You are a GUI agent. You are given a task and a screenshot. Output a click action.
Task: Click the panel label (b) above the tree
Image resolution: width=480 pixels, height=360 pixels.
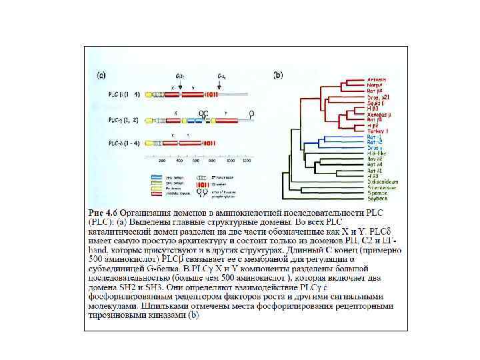click(x=278, y=75)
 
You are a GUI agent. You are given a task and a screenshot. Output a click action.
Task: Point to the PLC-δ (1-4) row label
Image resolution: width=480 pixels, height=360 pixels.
click(x=123, y=143)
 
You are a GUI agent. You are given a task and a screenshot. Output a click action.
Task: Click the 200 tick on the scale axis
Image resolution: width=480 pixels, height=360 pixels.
click(x=161, y=161)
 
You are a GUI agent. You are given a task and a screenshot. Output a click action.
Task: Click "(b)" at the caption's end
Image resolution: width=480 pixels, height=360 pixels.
click(x=193, y=315)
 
